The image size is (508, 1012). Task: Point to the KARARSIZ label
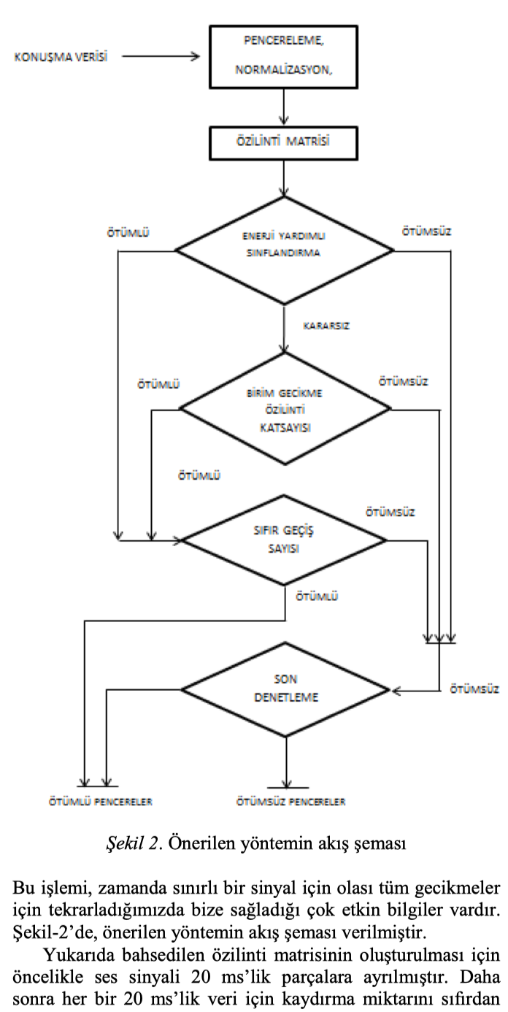click(326, 326)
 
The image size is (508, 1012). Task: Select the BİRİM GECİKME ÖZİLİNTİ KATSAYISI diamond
click(286, 409)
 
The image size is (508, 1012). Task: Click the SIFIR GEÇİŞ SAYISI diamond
click(285, 541)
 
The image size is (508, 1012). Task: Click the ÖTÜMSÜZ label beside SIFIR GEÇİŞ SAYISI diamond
click(391, 512)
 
